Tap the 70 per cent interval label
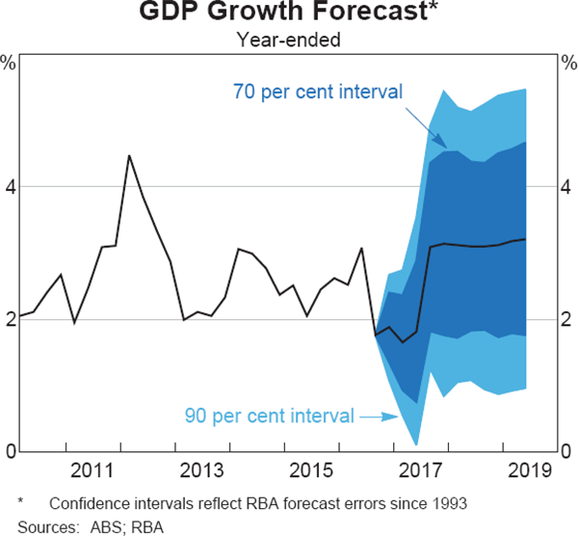coord(318,93)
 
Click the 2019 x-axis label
coord(526,470)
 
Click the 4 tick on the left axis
coord(10,186)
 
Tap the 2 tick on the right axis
coord(567,319)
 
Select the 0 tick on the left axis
coord(10,451)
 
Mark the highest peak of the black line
coord(129,155)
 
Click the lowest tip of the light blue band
coord(416,444)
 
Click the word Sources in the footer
coord(42,525)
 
